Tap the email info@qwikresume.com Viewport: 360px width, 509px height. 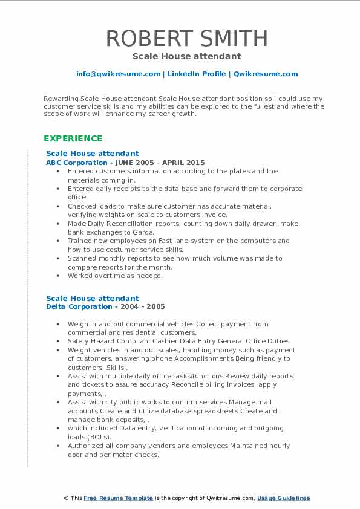point(118,74)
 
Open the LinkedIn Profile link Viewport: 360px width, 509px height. point(197,74)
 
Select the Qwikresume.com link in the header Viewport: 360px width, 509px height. point(266,74)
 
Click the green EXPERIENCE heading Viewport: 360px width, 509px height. point(72,138)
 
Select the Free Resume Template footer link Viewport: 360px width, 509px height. point(118,498)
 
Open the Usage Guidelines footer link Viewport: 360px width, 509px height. point(283,498)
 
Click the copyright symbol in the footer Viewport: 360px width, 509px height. point(66,498)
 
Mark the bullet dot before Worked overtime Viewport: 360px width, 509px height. point(57,276)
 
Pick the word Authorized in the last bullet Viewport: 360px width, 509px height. point(89,446)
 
